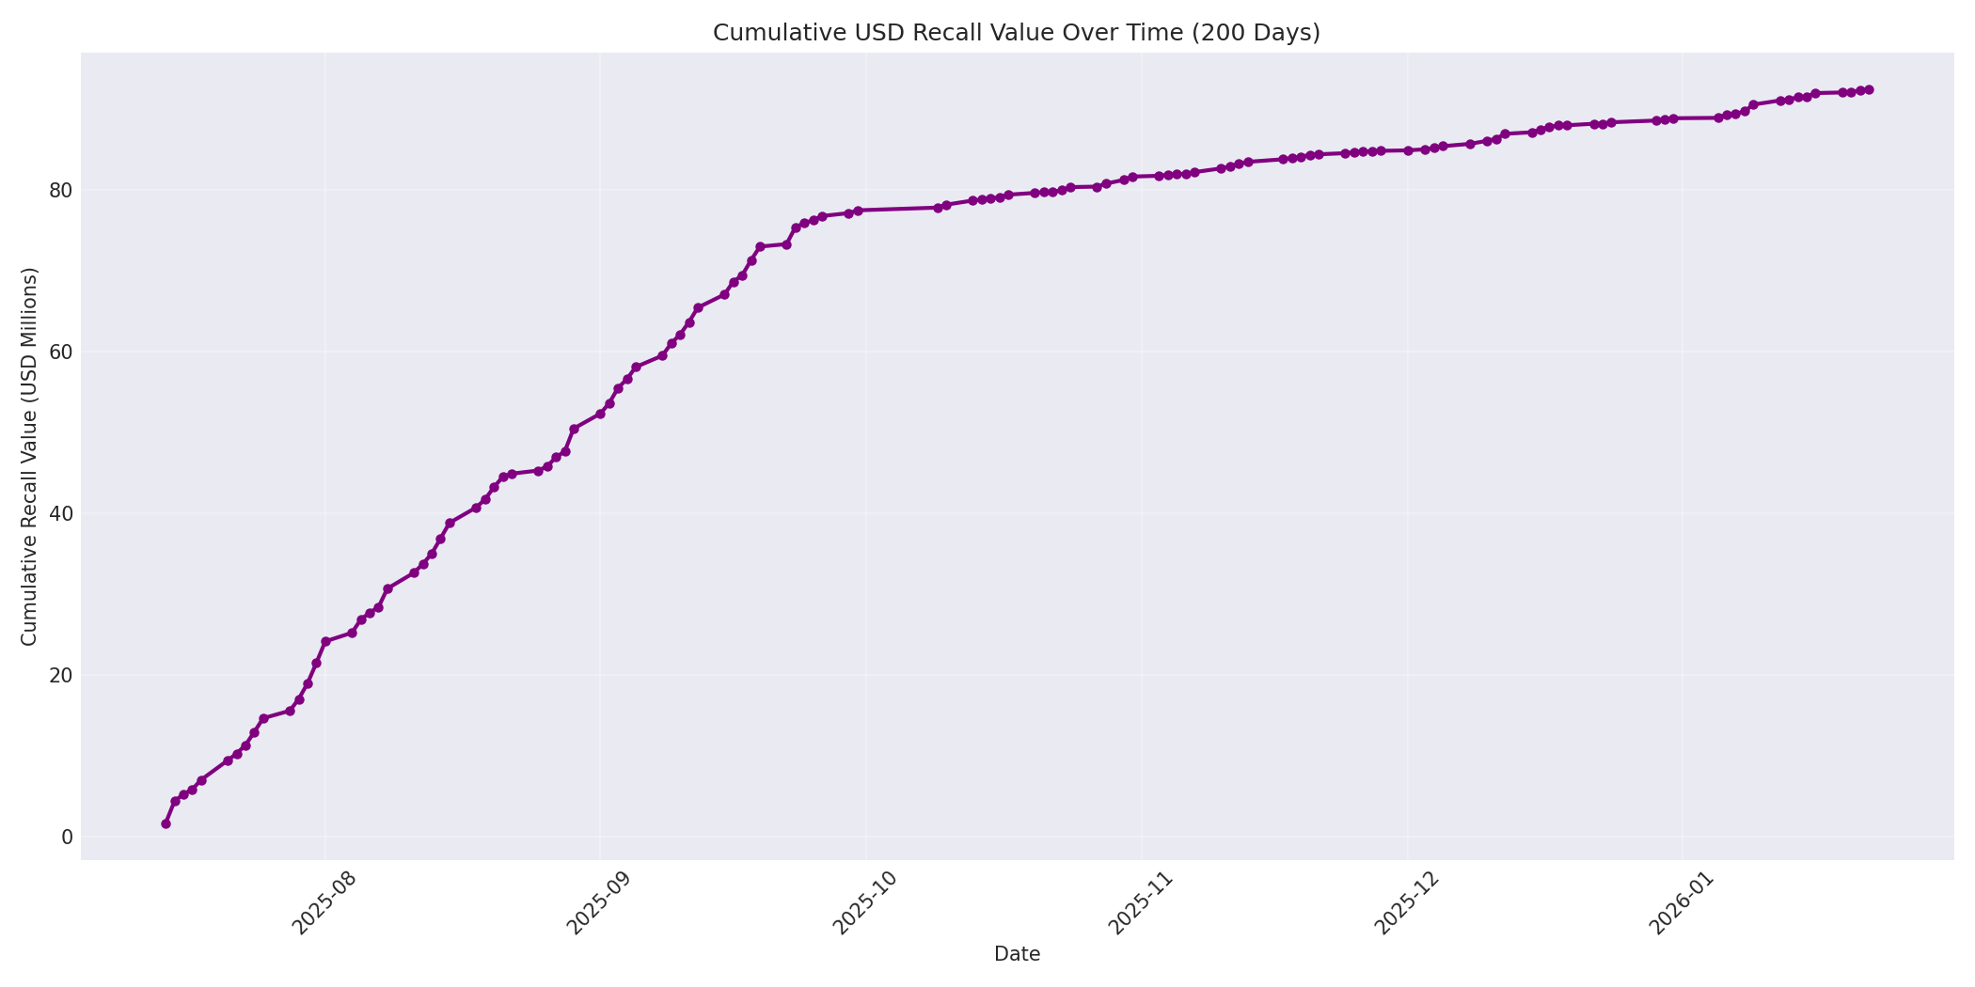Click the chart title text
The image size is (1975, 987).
(1016, 33)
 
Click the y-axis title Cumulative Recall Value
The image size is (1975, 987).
(29, 457)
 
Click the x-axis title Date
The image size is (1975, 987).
(1017, 954)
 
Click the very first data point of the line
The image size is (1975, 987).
(166, 823)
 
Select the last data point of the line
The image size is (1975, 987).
(1869, 89)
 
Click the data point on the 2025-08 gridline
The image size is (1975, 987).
(325, 641)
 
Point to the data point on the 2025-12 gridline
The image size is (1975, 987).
(1408, 150)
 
